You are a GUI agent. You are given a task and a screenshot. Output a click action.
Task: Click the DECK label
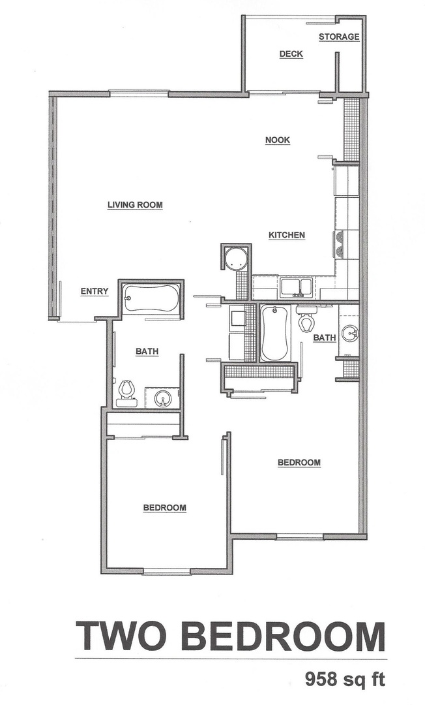[x=291, y=54]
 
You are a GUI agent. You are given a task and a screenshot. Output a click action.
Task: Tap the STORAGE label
[x=338, y=37]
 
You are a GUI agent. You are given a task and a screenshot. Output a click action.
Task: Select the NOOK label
[x=277, y=140]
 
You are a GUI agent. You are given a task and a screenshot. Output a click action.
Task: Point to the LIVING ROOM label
[x=135, y=205]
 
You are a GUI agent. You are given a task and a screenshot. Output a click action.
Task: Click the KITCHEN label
[x=287, y=235]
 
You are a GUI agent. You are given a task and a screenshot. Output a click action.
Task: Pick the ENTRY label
[x=94, y=292]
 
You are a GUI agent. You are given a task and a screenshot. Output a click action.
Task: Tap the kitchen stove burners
[x=339, y=243]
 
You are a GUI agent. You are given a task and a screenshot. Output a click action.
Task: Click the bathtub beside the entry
[x=150, y=300]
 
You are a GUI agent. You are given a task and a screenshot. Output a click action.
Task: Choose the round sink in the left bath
[x=162, y=398]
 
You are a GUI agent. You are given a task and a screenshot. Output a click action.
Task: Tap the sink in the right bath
[x=351, y=335]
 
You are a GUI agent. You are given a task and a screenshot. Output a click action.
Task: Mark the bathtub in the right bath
[x=274, y=334]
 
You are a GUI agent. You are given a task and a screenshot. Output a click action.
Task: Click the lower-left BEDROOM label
[x=165, y=508]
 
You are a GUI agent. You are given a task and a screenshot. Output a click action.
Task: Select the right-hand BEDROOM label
[x=299, y=463]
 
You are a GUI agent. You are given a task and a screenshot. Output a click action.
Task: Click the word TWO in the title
[x=121, y=636]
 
